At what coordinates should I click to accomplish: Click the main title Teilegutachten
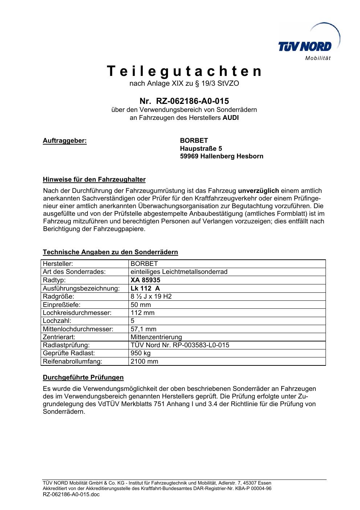pyautogui.click(x=184, y=71)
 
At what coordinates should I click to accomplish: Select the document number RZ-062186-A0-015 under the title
pyautogui.click(x=192, y=101)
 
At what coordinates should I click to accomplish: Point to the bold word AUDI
pyautogui.click(x=230, y=118)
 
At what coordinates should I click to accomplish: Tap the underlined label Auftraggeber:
pyautogui.click(x=65, y=141)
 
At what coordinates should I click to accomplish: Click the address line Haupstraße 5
pyautogui.click(x=201, y=149)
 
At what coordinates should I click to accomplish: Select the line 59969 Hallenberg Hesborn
pyautogui.click(x=221, y=157)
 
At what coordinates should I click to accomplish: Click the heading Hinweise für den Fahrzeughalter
pyautogui.click(x=94, y=179)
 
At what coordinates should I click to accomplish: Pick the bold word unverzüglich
pyautogui.click(x=258, y=191)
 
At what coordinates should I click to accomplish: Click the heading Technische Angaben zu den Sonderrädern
pyautogui.click(x=110, y=252)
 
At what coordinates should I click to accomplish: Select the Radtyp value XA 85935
pyautogui.click(x=145, y=280)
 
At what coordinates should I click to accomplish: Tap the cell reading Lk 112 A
pyautogui.click(x=145, y=288)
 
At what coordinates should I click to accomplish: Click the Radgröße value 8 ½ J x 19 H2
pyautogui.click(x=151, y=296)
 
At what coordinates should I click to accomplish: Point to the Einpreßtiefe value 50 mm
pyautogui.click(x=140, y=305)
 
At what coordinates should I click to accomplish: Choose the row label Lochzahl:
pyautogui.click(x=57, y=321)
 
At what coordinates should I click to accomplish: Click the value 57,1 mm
pyautogui.click(x=143, y=329)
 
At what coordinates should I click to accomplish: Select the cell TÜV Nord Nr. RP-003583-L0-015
pyautogui.click(x=180, y=345)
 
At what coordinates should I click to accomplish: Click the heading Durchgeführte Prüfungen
pyautogui.click(x=83, y=377)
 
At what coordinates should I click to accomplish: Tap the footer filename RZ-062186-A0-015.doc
pyautogui.click(x=71, y=494)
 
